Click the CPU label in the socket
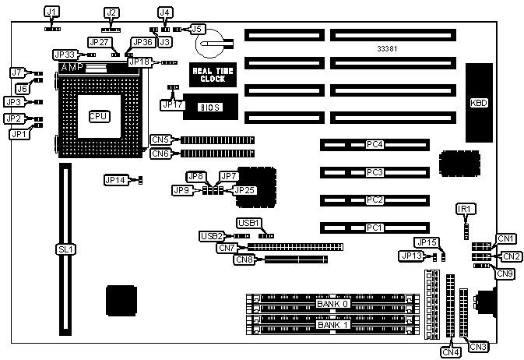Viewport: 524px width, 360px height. (x=98, y=116)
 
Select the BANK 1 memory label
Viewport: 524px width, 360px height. (x=333, y=324)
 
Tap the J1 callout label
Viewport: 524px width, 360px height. (x=51, y=12)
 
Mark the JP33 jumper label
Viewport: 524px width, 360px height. (x=64, y=55)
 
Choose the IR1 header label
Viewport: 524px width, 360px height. (x=466, y=209)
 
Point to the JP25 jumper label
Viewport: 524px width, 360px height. (x=244, y=189)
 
